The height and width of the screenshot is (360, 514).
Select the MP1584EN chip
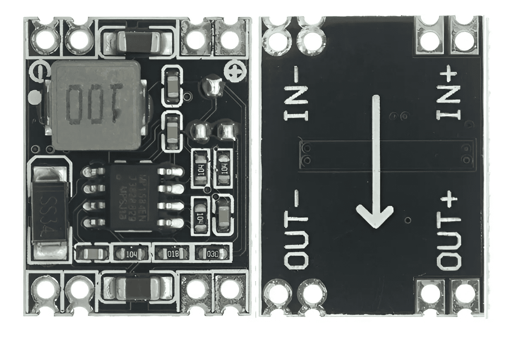pyautogui.click(x=133, y=197)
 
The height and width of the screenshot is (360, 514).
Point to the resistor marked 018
pyautogui.click(x=172, y=253)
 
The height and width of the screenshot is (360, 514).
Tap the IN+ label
pyautogui.click(x=448, y=95)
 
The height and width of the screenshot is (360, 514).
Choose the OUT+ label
pyautogui.click(x=448, y=231)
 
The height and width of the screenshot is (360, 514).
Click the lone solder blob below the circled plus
pyautogui.click(x=213, y=86)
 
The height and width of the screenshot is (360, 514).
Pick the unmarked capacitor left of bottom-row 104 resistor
pyautogui.click(x=91, y=253)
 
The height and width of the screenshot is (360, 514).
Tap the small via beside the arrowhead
pyautogui.click(x=408, y=221)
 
